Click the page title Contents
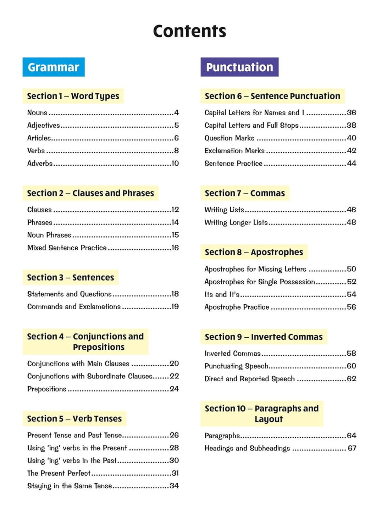[x=189, y=31]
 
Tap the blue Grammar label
[x=54, y=67]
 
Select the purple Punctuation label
[x=239, y=67]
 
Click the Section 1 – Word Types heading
[x=73, y=96]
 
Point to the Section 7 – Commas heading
[x=245, y=193]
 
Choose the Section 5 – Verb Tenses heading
[x=74, y=419]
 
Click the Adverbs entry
[x=40, y=164]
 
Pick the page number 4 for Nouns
[x=176, y=113]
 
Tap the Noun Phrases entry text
[x=49, y=235]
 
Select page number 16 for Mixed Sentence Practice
[x=175, y=248]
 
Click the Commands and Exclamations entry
[x=74, y=307]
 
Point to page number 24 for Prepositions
[x=174, y=389]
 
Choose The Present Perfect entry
[x=59, y=473]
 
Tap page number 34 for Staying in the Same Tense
[x=174, y=486]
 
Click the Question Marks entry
[x=230, y=138]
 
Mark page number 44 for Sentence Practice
[x=352, y=164]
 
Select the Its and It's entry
[x=222, y=295]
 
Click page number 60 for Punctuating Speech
[x=352, y=366]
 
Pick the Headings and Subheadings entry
[x=247, y=448]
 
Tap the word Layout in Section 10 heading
[x=269, y=419]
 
